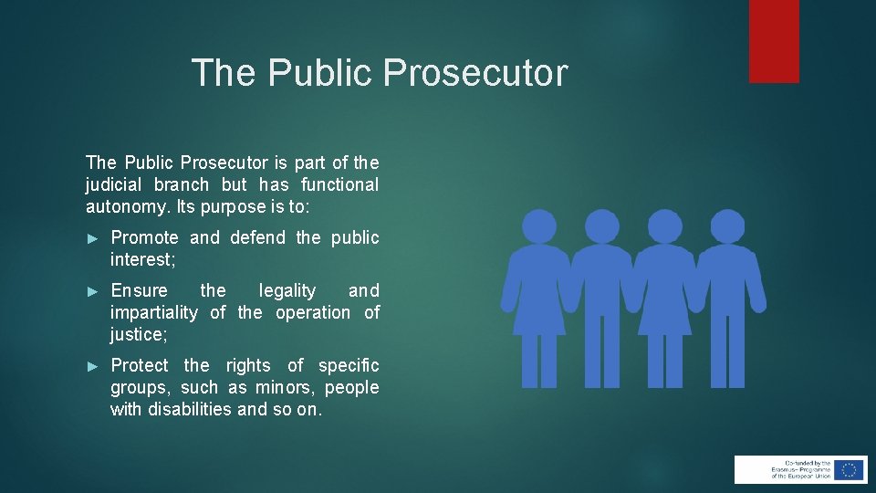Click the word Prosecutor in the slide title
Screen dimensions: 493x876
coord(475,73)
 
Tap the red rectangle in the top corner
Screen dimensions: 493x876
coord(774,41)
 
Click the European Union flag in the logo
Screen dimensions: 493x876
coord(849,469)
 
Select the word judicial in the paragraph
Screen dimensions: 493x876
coord(119,184)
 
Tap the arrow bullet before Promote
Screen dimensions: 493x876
coord(91,238)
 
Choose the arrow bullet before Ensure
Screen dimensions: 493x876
coord(91,291)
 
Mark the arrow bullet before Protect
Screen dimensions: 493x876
coord(91,366)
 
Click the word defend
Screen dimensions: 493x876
coord(258,237)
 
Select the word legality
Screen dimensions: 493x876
coord(287,290)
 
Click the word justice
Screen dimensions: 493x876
coord(138,334)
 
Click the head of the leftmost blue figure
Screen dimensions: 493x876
coord(539,226)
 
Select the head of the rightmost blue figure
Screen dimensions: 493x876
coord(726,226)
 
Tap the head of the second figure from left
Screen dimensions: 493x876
coord(601,226)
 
